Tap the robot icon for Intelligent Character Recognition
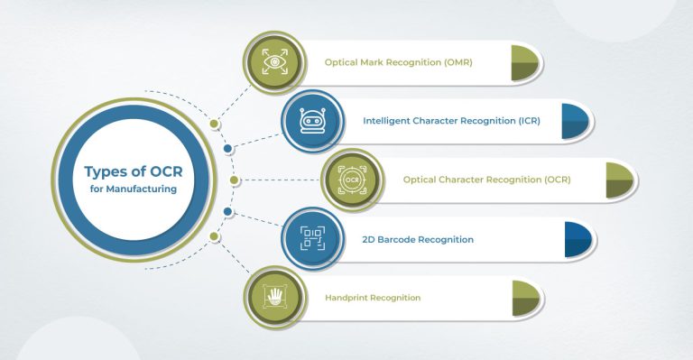pyautogui.click(x=310, y=120)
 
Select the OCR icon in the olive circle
pyautogui.click(x=351, y=180)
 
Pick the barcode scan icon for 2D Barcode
pyautogui.click(x=310, y=239)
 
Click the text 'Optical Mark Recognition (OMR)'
pyautogui.click(x=398, y=63)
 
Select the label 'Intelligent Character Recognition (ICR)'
pyautogui.click(x=451, y=120)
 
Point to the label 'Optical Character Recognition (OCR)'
pyautogui.click(x=486, y=180)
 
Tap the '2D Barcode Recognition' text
pyautogui.click(x=418, y=239)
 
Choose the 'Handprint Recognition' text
pyautogui.click(x=373, y=297)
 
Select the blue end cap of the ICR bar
pyautogui.click(x=573, y=121)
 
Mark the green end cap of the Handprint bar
pyautogui.click(x=524, y=298)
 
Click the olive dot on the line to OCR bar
pyautogui.click(x=234, y=180)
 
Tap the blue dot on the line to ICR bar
pyautogui.click(x=227, y=149)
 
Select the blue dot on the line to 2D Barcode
pyautogui.click(x=227, y=213)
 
